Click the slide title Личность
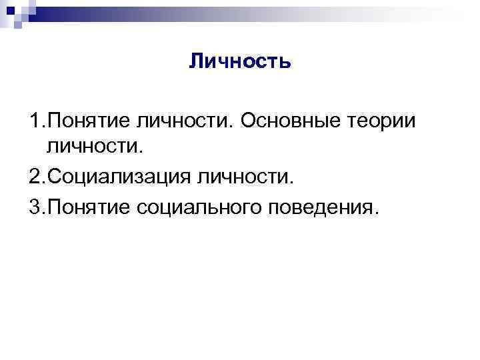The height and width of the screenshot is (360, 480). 239,63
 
